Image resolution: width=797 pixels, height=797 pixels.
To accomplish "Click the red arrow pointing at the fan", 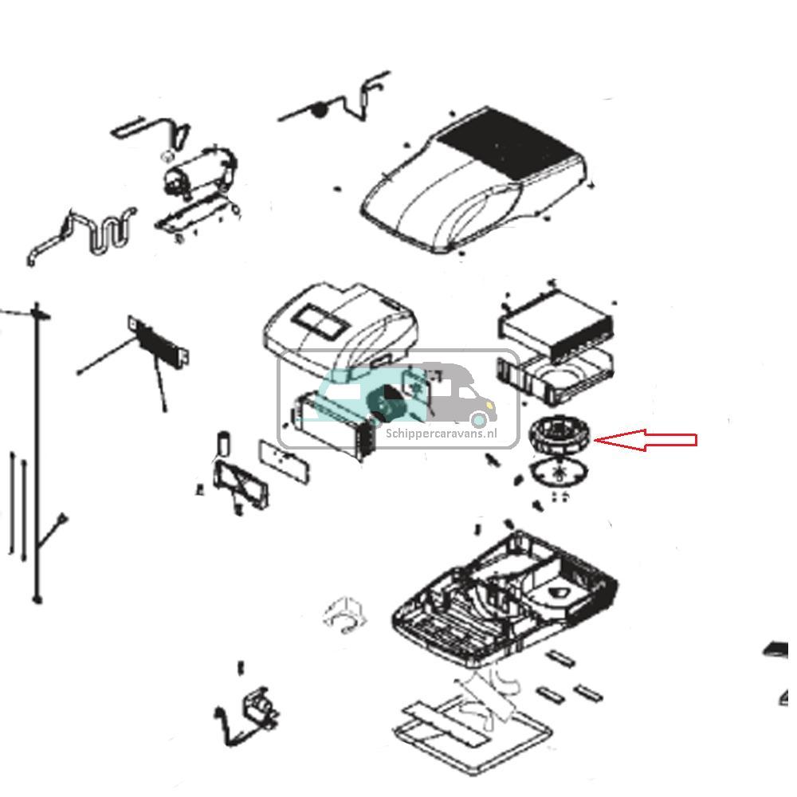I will (646, 439).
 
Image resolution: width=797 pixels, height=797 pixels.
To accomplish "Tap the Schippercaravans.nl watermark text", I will (441, 434).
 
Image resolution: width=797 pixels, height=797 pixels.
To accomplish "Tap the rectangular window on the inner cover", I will (319, 324).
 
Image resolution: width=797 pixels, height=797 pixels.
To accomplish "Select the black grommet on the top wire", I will (319, 110).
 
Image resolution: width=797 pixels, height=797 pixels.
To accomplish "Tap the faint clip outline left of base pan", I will (346, 614).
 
